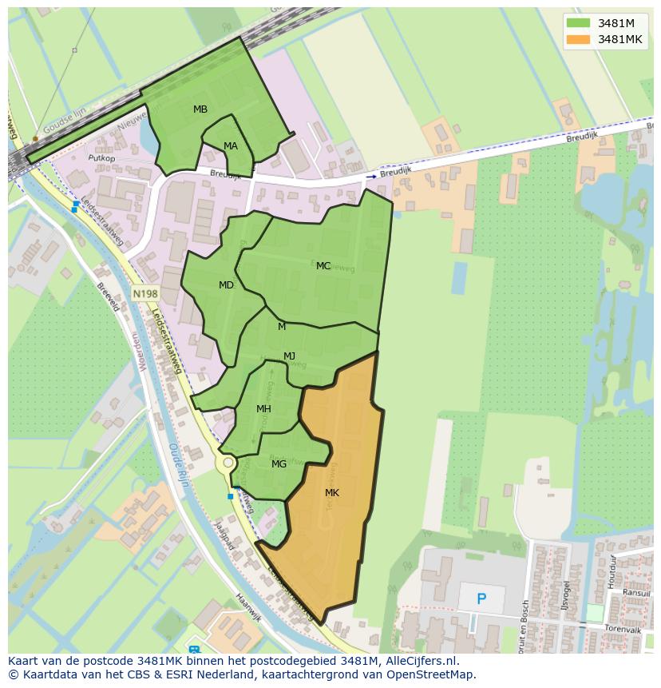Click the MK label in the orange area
(x=332, y=493)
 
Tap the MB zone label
(x=200, y=109)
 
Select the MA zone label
(x=231, y=146)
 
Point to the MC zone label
(x=323, y=266)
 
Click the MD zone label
(x=227, y=285)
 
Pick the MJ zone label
(x=290, y=356)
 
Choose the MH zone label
(x=263, y=409)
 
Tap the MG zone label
(x=279, y=464)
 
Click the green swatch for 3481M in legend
(x=578, y=22)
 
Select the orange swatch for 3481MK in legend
(x=578, y=39)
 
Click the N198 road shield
(x=145, y=294)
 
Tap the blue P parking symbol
(x=481, y=599)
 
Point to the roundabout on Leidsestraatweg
(x=228, y=463)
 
